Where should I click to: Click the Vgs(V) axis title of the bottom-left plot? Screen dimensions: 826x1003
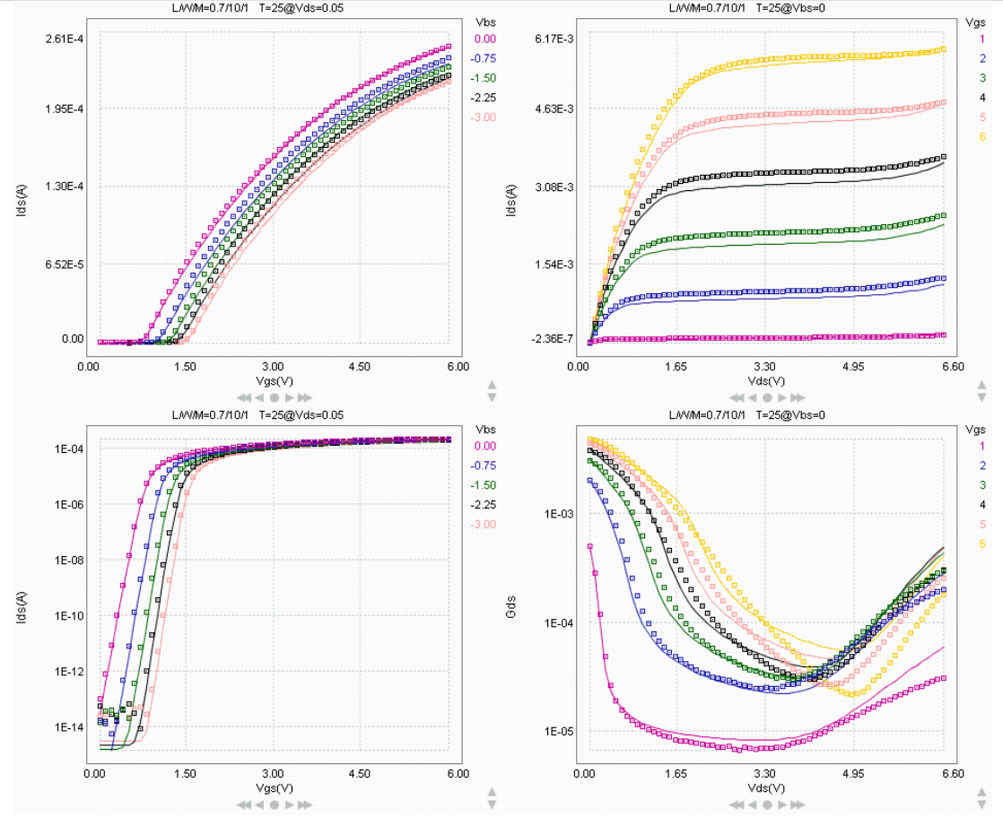point(273,788)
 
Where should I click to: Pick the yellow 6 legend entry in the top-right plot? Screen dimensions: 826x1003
point(982,135)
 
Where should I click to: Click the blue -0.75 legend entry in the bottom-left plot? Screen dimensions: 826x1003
point(484,465)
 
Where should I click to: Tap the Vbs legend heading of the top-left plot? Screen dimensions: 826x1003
point(485,20)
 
